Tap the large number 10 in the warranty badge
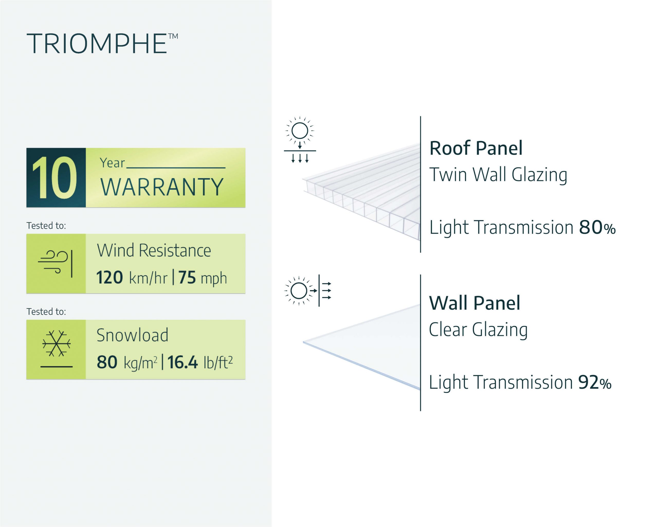[55, 178]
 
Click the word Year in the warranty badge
[112, 163]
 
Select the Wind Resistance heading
[154, 251]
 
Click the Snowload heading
[132, 335]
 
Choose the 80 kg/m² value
[127, 362]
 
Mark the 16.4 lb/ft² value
[200, 362]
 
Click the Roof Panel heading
[476, 148]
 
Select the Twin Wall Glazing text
[498, 175]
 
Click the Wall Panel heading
[474, 303]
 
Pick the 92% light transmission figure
[595, 382]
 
